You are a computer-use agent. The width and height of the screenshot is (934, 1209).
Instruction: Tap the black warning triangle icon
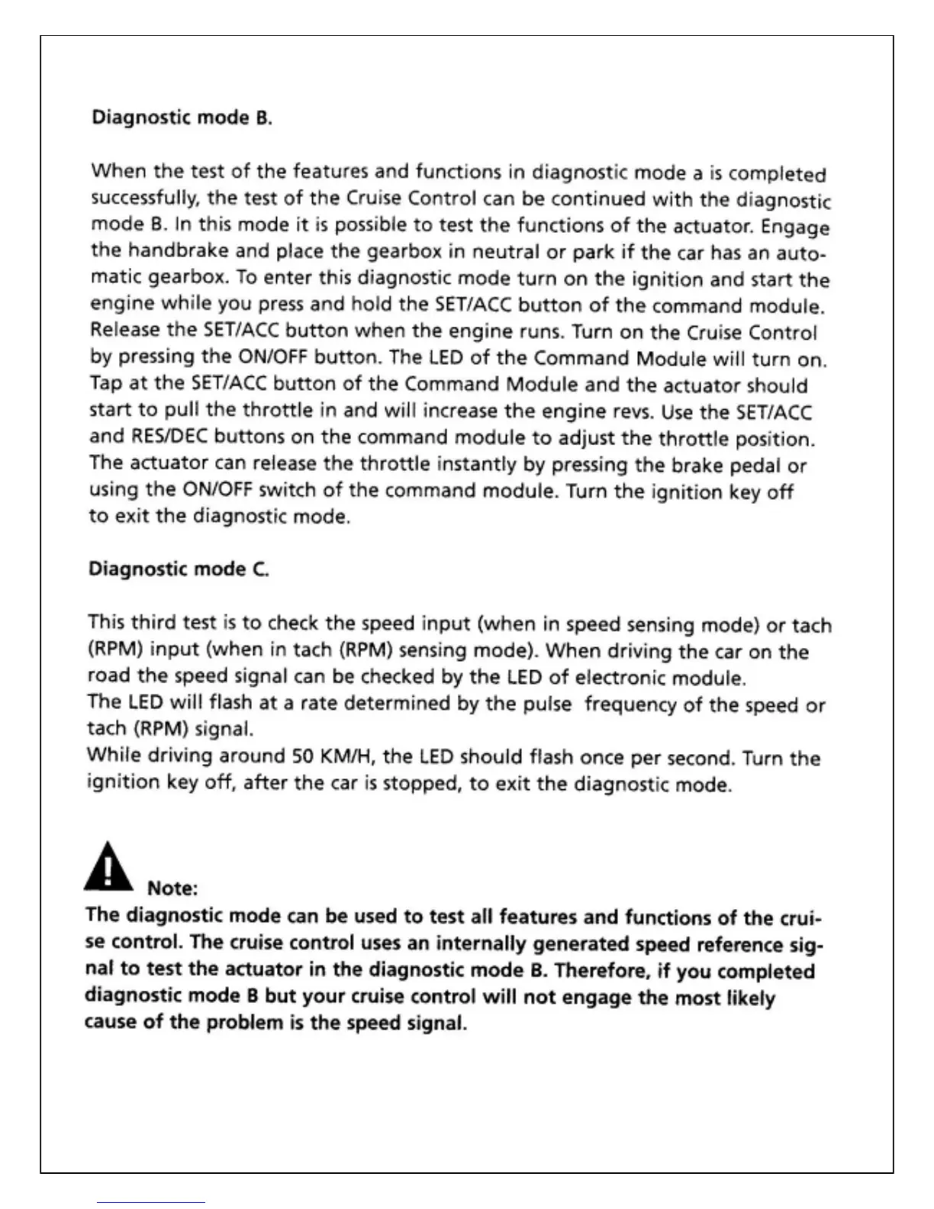[109, 866]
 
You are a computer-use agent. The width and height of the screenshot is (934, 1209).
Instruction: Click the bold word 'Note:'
[172, 888]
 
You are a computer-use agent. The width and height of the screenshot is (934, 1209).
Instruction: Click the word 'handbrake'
[179, 250]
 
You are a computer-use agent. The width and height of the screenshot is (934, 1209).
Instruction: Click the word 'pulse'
[546, 704]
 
